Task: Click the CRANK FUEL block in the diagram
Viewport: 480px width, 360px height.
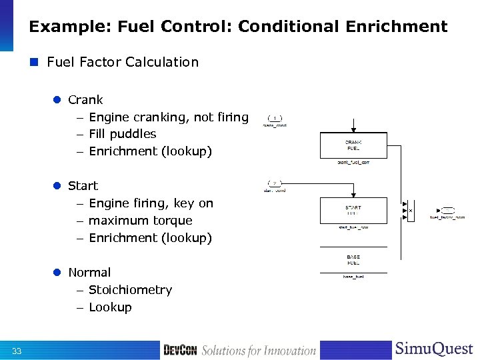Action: pos(353,145)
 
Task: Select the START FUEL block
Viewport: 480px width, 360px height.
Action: pos(353,210)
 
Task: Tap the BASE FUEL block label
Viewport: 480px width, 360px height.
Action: pos(353,259)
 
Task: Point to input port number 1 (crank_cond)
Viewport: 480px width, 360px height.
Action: pos(275,118)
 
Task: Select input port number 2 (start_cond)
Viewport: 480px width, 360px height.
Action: pos(275,183)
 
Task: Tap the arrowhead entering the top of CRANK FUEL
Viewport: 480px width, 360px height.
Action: pos(353,129)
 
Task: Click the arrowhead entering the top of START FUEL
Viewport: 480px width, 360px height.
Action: pos(353,194)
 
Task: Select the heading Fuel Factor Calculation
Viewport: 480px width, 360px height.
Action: pos(123,62)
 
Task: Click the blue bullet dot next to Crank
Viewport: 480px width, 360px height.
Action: pos(57,100)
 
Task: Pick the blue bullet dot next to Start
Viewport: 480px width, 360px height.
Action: pos(57,186)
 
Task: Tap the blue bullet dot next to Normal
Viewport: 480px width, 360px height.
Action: pos(57,273)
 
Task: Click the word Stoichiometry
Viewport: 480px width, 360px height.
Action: pos(130,290)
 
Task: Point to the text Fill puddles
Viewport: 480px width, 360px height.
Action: pos(122,134)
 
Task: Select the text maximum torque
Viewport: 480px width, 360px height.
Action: pos(140,221)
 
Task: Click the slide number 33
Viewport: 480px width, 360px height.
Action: pos(17,351)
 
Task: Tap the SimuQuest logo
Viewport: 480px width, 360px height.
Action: pos(434,349)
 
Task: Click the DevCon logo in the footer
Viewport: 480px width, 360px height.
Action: pos(181,350)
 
